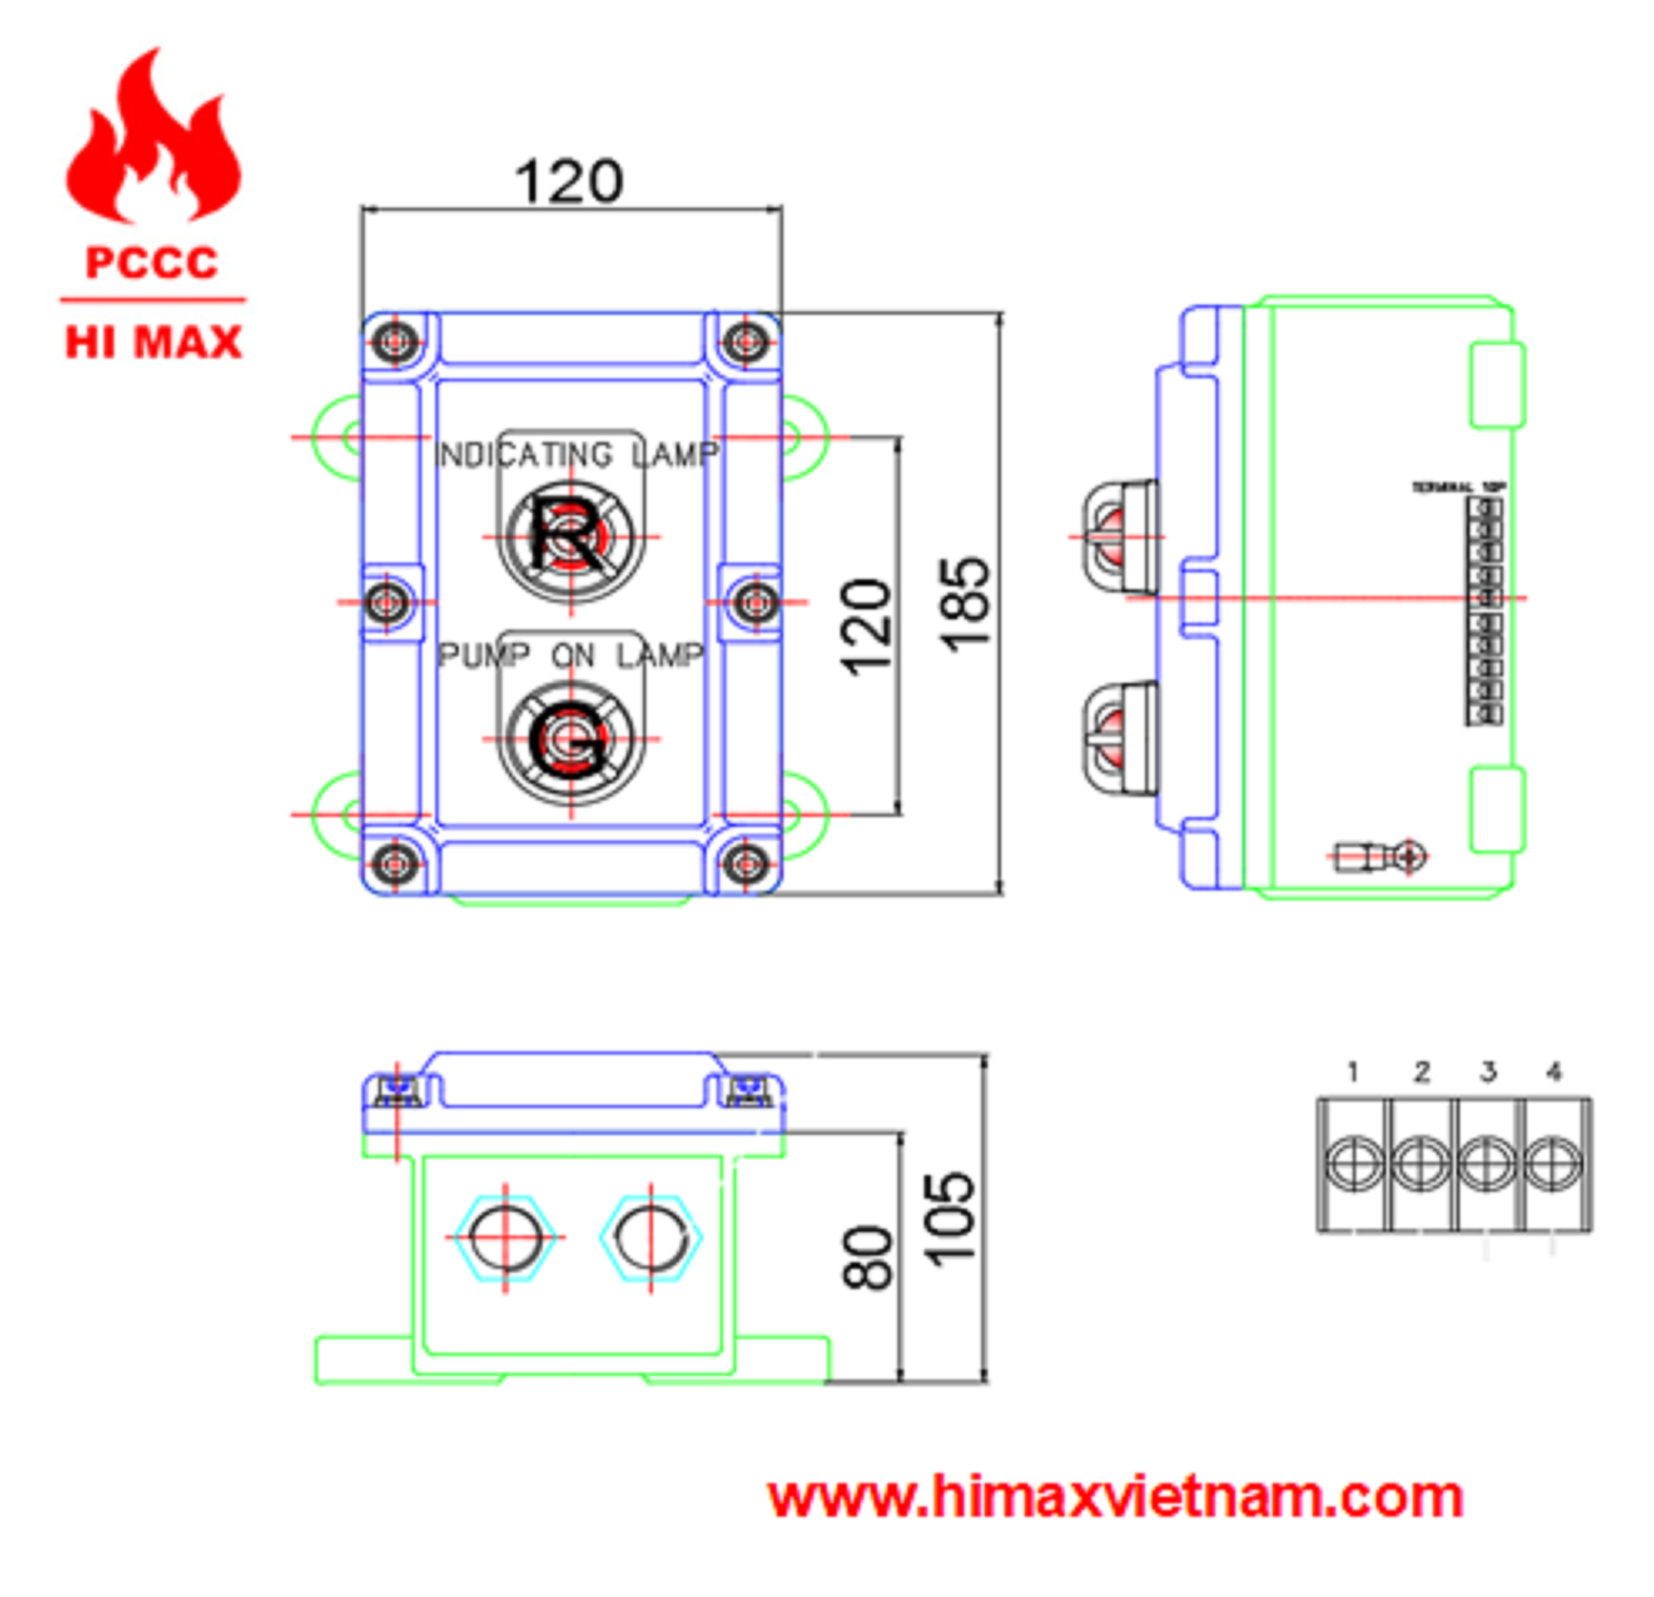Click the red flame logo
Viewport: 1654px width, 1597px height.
point(153,139)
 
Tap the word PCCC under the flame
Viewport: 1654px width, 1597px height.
point(152,263)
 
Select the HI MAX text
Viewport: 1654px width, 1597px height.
point(153,344)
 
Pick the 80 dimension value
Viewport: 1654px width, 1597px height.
point(867,1258)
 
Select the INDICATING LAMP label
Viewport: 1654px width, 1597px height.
point(577,455)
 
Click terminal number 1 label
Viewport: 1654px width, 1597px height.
point(1353,1072)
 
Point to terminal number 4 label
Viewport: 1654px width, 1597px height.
point(1554,1072)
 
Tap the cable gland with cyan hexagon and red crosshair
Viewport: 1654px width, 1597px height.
point(506,1237)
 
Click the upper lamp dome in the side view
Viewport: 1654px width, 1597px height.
point(1118,536)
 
